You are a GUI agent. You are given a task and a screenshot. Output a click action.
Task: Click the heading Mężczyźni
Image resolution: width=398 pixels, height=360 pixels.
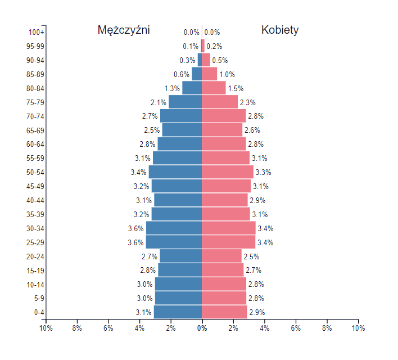point(124,30)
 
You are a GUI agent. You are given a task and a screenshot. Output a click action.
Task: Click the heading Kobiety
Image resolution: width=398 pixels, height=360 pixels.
point(280,30)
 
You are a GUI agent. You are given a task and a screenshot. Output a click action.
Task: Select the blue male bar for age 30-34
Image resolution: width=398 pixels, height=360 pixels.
point(174,228)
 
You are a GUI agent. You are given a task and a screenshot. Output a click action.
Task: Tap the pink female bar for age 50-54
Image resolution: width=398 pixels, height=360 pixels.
point(228,172)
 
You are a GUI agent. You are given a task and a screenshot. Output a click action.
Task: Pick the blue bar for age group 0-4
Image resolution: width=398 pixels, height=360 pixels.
point(178,312)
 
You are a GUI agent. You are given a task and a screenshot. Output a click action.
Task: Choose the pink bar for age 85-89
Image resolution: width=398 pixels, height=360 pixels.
point(209,74)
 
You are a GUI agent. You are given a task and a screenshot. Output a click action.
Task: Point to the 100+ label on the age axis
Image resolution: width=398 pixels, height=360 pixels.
point(37,33)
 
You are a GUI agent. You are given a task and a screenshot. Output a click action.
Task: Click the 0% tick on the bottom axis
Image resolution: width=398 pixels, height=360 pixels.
point(202,328)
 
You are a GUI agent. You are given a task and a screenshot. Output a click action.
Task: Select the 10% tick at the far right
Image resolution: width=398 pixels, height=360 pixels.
point(358,328)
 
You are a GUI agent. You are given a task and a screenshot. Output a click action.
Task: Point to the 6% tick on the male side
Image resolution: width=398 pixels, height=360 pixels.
point(108,328)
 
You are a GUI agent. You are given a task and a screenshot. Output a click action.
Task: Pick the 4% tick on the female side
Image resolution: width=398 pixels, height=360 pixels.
point(264,328)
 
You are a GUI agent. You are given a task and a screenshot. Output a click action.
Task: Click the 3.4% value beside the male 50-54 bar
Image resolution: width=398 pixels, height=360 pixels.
point(138,172)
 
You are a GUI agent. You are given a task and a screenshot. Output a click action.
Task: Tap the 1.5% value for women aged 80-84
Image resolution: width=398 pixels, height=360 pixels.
point(236,88)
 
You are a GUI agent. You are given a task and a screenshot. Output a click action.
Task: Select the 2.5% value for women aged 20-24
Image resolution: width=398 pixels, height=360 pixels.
point(251,256)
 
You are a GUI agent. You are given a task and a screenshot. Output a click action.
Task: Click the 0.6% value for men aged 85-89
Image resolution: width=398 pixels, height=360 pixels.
point(181,74)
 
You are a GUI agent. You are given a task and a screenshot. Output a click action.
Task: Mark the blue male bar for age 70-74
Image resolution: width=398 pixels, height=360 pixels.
point(181,116)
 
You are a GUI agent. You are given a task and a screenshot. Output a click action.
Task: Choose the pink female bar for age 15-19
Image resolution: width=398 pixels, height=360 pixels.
point(223,270)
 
